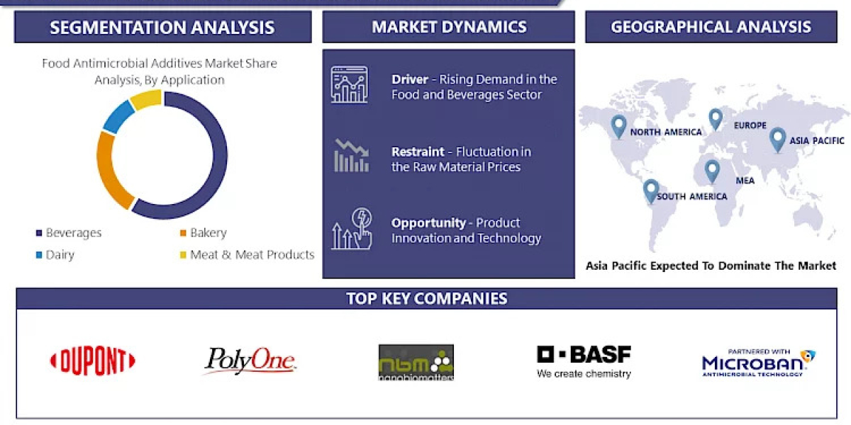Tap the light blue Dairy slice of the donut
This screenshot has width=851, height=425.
click(x=118, y=115)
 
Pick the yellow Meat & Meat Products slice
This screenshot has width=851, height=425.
click(x=146, y=98)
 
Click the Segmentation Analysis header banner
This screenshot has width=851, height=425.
click(x=162, y=27)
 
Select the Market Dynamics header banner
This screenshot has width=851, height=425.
click(x=448, y=27)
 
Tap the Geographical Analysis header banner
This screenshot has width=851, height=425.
click(x=711, y=27)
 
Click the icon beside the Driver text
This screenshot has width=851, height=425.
click(x=350, y=85)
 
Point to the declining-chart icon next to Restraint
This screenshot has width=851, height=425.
click(x=351, y=156)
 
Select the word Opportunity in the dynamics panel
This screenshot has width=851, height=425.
click(x=428, y=222)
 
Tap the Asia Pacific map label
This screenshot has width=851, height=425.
click(x=818, y=141)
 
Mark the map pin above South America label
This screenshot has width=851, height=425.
click(x=650, y=191)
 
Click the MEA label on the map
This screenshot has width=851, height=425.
click(x=745, y=181)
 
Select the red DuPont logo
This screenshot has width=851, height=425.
click(x=92, y=362)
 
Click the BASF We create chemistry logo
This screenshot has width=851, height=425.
click(x=584, y=361)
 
